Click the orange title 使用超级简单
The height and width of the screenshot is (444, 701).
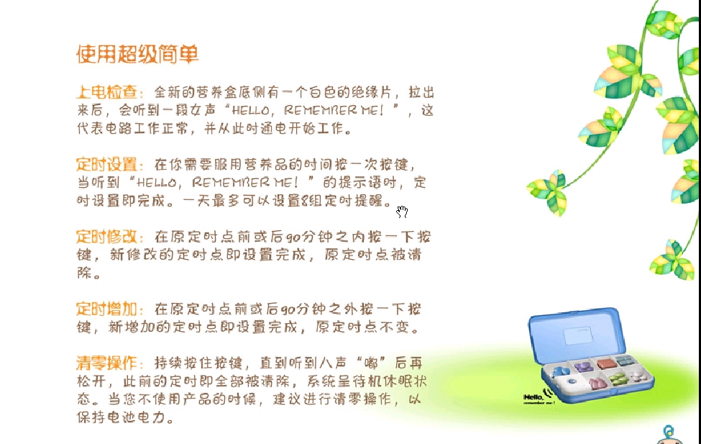(137, 54)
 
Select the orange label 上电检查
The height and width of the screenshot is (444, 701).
(107, 92)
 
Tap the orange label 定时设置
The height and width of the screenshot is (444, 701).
(107, 164)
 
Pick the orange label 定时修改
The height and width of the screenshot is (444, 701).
(107, 236)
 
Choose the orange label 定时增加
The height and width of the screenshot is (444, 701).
(107, 309)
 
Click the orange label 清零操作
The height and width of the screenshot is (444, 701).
(107, 363)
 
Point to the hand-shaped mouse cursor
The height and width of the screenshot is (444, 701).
(402, 212)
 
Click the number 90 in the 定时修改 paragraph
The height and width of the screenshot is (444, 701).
(293, 237)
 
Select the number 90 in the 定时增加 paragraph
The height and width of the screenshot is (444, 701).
(288, 309)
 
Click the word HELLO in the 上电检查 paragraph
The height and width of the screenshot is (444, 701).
(250, 110)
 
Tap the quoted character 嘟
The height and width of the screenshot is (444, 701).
(371, 363)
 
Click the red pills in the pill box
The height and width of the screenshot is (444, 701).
(606, 363)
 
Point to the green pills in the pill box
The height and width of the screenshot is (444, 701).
(618, 379)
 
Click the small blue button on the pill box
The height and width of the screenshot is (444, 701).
(572, 381)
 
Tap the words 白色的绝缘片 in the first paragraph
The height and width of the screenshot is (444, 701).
(351, 92)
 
